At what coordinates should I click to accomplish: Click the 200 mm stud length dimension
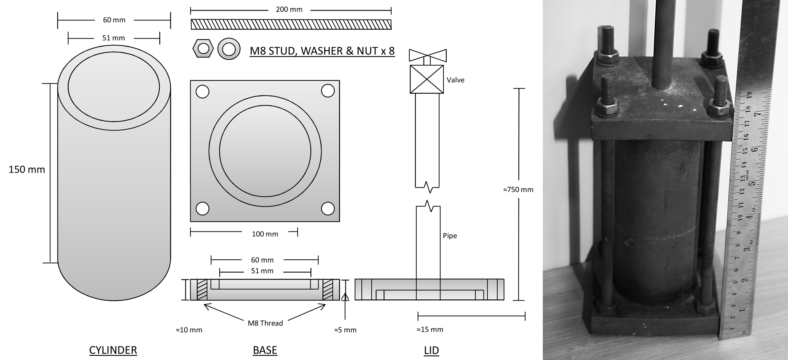coord(289,9)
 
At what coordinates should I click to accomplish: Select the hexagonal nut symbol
coord(203,48)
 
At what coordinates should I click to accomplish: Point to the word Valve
coord(455,80)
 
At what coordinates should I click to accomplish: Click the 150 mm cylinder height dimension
coord(27,169)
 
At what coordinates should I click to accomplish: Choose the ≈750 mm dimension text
coord(518,190)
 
